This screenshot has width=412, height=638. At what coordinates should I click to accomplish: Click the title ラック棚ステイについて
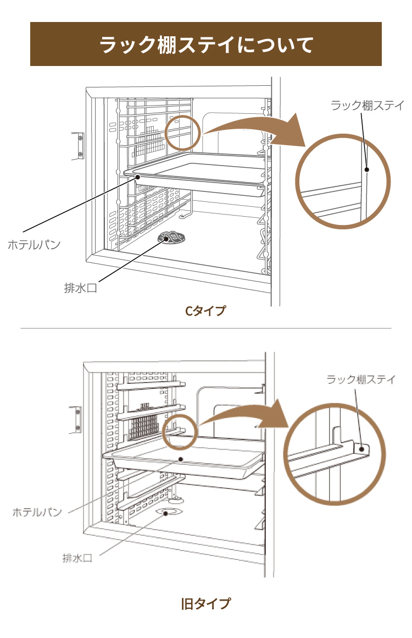tap(206, 44)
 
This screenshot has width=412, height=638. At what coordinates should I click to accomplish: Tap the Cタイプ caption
tap(205, 311)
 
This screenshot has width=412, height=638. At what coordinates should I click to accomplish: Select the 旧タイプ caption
tap(205, 603)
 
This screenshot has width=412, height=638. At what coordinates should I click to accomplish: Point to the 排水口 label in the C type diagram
tap(80, 288)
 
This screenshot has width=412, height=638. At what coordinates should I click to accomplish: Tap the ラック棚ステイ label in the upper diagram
tap(367, 106)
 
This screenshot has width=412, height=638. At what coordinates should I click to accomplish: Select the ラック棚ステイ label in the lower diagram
tap(361, 380)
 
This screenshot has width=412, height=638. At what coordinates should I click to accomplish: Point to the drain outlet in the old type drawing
tap(171, 512)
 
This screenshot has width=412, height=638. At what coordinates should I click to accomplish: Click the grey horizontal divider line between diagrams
tap(206, 329)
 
